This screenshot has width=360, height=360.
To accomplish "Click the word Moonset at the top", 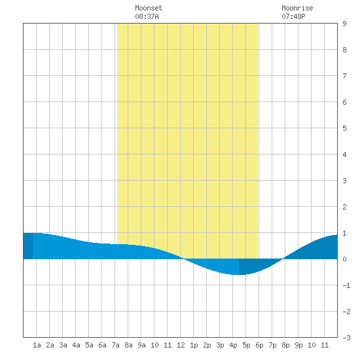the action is [x=149, y=8].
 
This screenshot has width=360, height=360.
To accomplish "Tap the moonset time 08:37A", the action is [x=147, y=16].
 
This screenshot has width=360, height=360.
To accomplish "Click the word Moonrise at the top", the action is [x=297, y=8].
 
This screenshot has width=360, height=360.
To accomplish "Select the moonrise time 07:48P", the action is [x=293, y=16].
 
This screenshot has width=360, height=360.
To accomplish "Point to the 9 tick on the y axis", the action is [x=344, y=24].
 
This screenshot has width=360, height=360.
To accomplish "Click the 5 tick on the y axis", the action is [x=344, y=128].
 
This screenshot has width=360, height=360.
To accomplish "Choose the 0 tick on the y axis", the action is [x=344, y=259].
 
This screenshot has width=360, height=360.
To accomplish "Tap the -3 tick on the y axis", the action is [x=346, y=338].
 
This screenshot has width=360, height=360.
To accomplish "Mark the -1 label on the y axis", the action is [x=346, y=285].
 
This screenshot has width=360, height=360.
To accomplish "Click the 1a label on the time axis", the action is [x=37, y=345].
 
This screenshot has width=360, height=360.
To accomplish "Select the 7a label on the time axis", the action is [x=115, y=345].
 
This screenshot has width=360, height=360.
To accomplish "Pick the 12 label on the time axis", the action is [x=181, y=345].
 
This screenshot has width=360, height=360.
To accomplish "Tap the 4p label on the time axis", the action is [x=233, y=345].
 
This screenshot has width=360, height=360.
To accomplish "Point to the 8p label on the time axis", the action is [x=285, y=345].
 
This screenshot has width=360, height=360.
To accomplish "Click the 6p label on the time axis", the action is [x=259, y=345].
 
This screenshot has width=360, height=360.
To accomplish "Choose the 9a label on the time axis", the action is [x=141, y=345].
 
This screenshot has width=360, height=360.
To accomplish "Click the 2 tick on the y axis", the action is [x=344, y=207].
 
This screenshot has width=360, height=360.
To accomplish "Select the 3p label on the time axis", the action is [x=220, y=345].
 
